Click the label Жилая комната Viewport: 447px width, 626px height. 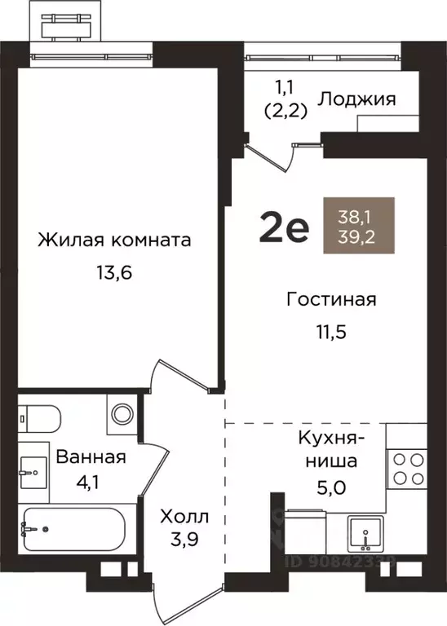tap(114, 240)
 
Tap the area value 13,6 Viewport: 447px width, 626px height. tap(113, 271)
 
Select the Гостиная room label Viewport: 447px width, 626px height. tap(331, 299)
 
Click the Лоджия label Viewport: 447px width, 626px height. tap(356, 99)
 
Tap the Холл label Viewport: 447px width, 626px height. tap(184, 517)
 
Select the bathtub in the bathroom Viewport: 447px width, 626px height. tap(73, 530)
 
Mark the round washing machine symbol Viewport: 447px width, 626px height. tap(122, 413)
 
